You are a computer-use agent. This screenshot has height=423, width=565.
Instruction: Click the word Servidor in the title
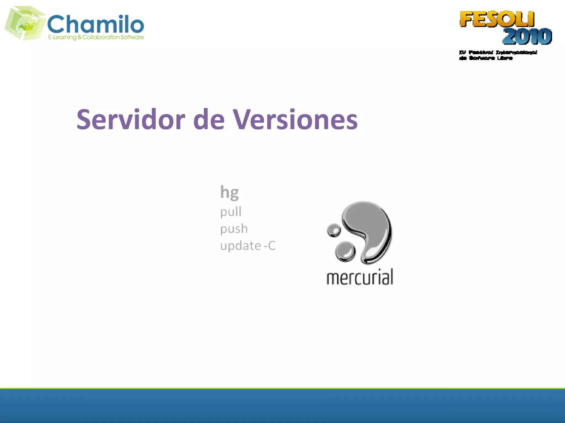(x=131, y=120)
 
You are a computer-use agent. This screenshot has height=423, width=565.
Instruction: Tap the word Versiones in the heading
(x=295, y=120)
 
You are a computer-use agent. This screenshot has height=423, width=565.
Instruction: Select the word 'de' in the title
(x=209, y=120)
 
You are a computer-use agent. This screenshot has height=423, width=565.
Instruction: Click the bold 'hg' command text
(x=230, y=192)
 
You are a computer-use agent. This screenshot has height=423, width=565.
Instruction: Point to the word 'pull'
(x=231, y=212)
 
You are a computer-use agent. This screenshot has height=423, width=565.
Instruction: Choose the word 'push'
(x=234, y=229)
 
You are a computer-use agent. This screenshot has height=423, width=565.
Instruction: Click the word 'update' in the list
(x=241, y=246)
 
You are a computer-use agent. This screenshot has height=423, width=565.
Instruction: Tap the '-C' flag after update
(x=270, y=246)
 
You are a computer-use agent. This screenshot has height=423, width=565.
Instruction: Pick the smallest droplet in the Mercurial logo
(x=334, y=230)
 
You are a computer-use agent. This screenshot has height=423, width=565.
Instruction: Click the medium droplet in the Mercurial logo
(x=345, y=251)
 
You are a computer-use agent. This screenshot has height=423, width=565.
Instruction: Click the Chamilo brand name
(x=95, y=24)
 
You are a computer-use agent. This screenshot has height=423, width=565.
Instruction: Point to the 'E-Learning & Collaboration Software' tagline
(x=96, y=37)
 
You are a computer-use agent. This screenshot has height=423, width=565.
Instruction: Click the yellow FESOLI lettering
(x=497, y=19)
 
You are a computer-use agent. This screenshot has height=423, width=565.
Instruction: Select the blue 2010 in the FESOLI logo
(x=527, y=36)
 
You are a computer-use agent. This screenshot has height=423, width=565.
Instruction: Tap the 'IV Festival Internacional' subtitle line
(x=498, y=52)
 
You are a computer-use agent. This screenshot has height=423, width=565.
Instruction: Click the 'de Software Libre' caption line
(x=486, y=58)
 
